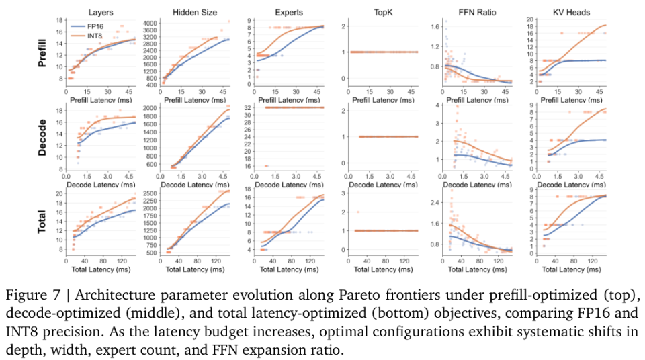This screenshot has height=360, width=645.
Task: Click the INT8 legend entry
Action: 87,36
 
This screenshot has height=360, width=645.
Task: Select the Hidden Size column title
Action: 195,12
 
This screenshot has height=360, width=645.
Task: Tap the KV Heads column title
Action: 571,12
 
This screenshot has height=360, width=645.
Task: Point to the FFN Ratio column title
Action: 477,12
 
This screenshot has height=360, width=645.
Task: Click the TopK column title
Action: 383,12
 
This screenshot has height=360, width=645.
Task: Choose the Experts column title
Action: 289,12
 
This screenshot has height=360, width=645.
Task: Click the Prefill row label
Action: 42,53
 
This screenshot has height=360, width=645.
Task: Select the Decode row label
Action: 42,138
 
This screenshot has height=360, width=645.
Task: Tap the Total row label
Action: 42,222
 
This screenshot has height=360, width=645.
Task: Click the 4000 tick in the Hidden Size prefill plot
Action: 150,23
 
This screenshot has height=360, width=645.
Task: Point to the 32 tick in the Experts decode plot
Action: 247,107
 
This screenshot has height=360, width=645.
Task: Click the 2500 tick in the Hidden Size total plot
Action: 150,193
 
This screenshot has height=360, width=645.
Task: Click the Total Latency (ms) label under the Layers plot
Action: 101,269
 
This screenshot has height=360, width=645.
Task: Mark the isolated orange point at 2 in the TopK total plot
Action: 358,212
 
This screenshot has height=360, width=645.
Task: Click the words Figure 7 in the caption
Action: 34,296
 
